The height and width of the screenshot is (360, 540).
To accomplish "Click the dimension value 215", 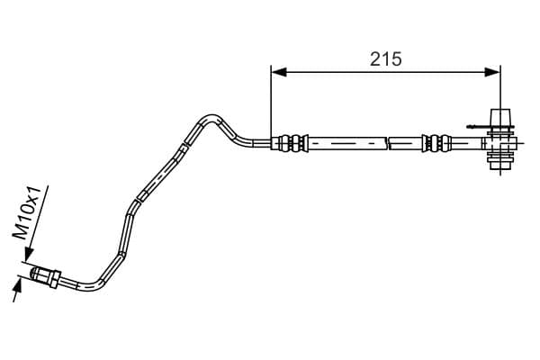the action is coord(385,58).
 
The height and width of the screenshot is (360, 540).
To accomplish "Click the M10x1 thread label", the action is coord(27,213).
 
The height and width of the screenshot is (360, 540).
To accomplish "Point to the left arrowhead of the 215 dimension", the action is coord(279,72).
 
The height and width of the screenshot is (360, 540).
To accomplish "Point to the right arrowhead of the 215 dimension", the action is coord(492,72).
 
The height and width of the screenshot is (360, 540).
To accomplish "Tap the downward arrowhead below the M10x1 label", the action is coord(29,255).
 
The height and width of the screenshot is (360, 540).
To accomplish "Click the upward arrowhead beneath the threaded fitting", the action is coord(18,286).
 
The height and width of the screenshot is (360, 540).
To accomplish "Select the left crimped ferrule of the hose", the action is coord(292,142).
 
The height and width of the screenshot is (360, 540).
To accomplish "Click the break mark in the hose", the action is coord(387,142).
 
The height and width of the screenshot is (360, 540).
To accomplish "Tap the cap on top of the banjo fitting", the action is coord(500,118).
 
